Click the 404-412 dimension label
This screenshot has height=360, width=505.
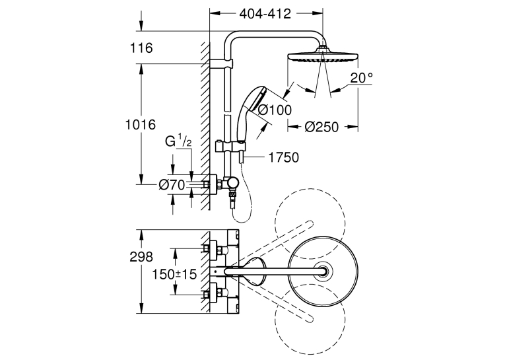click(265, 13)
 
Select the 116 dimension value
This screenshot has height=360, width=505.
click(141, 48)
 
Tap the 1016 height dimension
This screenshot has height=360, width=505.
click(141, 124)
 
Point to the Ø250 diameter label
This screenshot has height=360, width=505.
click(321, 127)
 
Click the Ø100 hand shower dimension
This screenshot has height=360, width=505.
click(275, 110)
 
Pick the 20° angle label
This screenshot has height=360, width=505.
click(361, 78)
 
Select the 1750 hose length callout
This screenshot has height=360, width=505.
click(283, 158)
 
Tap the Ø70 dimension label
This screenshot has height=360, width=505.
click(172, 185)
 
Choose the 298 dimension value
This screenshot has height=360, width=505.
click(141, 257)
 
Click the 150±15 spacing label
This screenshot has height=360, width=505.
click(174, 275)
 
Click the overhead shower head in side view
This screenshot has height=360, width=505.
click(322, 55)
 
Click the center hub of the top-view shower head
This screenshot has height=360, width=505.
click(322, 271)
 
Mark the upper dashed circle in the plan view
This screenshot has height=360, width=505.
click(310, 224)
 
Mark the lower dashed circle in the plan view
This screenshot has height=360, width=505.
click(310, 318)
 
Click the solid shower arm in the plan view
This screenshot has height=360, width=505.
click(275, 271)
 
